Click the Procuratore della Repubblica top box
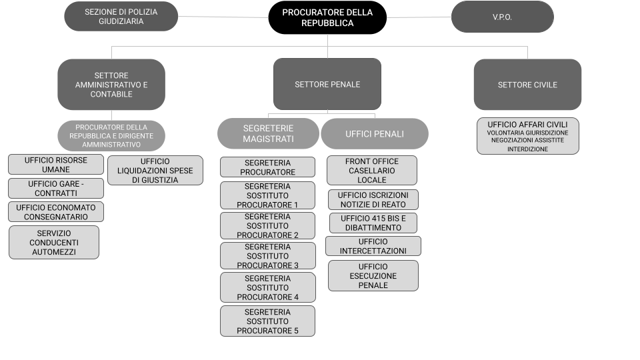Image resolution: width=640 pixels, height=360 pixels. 327,17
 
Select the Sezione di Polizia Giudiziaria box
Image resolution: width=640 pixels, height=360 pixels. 121,16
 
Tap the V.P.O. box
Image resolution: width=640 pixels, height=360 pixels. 502,17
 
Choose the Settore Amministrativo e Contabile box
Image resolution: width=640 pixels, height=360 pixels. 111,85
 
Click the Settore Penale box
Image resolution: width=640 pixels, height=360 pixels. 327,85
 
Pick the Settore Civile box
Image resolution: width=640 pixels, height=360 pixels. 527,85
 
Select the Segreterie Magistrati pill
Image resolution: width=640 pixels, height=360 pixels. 268,133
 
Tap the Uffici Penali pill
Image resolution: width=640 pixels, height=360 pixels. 374,133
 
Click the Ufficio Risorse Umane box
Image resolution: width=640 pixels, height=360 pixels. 57,165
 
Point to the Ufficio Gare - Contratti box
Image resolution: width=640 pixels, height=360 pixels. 57,188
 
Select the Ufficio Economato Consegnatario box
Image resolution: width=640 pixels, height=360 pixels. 57,212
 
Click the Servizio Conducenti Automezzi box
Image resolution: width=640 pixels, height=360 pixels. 54,242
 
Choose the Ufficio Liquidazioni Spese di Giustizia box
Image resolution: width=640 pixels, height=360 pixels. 155,170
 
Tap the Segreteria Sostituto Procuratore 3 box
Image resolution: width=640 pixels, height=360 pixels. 268,256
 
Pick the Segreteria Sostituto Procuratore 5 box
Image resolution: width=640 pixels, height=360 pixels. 268,321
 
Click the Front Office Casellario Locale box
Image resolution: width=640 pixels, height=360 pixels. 372,171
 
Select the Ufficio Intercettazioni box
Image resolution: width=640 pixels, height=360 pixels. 373,246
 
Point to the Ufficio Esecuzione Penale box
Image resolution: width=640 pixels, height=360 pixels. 373,275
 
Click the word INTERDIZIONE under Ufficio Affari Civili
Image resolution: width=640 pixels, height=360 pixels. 527,149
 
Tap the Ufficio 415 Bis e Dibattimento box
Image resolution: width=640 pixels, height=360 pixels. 373,223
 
